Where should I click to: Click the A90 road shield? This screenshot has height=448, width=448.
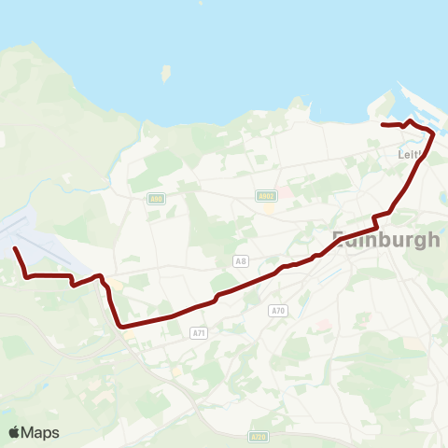[155, 198]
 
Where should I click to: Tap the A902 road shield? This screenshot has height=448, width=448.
[266, 196]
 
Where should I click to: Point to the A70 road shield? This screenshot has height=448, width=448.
[276, 310]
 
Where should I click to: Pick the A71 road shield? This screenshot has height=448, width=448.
[198, 331]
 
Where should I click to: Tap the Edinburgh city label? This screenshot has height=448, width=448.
[386, 239]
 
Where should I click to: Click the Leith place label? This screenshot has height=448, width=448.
[411, 154]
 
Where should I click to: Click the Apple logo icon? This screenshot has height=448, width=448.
[15, 432]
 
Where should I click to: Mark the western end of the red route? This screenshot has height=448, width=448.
[15, 248]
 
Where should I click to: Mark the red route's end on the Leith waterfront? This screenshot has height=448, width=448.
[383, 124]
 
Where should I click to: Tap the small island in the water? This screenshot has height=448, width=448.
[166, 74]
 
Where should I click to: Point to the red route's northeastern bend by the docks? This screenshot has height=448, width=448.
[432, 133]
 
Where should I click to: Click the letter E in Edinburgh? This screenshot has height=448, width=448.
[340, 239]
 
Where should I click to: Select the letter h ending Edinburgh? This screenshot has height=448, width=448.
[433, 239]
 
